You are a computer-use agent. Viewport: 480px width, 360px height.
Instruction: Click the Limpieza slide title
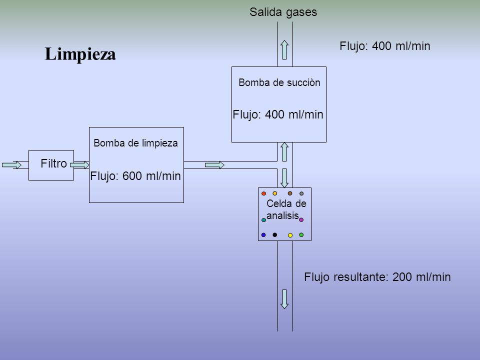[x=80, y=54]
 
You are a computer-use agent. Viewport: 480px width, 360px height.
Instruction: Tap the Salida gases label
[x=283, y=12]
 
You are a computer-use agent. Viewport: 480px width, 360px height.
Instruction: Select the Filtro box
[x=51, y=165]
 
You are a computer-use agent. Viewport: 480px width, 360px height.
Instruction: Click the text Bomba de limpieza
[x=135, y=143]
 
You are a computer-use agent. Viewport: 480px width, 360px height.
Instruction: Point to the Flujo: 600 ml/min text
[x=135, y=176]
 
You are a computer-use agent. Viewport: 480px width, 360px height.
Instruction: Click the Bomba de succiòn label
[x=279, y=82]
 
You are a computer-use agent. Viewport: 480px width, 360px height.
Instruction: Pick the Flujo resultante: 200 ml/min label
[x=377, y=277]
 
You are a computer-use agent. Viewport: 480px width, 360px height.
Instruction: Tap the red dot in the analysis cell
[x=263, y=193]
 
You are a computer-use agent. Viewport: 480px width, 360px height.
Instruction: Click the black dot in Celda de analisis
[x=274, y=235]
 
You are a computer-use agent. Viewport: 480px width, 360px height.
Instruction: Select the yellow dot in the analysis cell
[x=290, y=235]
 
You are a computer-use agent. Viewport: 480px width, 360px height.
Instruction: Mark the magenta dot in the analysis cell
[x=301, y=220]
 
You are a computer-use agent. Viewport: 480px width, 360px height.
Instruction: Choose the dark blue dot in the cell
[x=263, y=235]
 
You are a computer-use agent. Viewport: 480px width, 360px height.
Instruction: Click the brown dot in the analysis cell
[x=290, y=193]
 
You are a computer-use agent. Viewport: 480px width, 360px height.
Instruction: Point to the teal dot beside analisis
[x=263, y=220]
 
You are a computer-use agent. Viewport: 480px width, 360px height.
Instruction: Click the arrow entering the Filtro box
[x=11, y=165]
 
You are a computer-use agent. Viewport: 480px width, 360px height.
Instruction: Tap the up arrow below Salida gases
[x=284, y=49]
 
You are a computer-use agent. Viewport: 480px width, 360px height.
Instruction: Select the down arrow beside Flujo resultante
[x=284, y=299]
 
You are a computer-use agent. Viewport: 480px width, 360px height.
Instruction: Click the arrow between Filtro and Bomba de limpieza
[x=79, y=165]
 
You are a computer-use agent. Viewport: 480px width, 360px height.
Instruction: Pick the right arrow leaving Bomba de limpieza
[x=214, y=165]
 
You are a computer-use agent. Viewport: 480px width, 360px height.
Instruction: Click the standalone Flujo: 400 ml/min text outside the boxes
[x=385, y=46]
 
